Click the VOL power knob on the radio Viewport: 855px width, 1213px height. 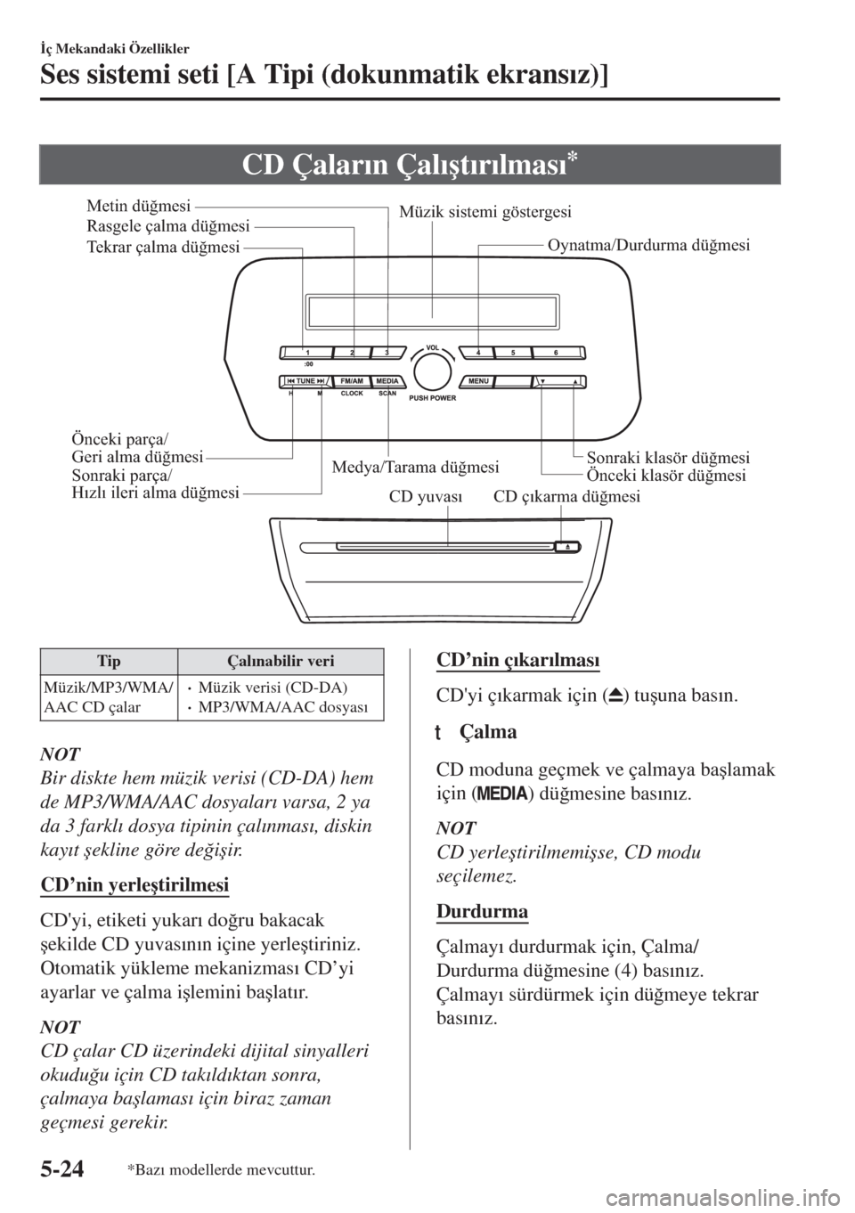432,371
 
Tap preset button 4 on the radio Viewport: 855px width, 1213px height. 477,353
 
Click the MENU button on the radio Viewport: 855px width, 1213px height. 477,382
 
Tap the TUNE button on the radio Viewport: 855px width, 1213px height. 305,382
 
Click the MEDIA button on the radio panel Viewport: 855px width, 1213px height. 387,382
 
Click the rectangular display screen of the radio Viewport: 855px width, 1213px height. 432,312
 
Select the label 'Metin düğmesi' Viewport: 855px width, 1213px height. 139,207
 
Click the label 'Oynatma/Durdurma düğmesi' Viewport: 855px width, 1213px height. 648,245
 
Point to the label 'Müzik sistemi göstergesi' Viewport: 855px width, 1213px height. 485,212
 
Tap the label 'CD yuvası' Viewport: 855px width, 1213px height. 426,497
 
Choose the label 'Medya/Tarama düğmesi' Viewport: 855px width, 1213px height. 415,467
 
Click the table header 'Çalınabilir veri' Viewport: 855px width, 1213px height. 281,661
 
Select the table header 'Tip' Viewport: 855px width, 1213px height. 109,661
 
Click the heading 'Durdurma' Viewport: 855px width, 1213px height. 482,911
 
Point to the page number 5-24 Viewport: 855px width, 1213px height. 62,1169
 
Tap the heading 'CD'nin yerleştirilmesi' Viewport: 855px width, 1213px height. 134,885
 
